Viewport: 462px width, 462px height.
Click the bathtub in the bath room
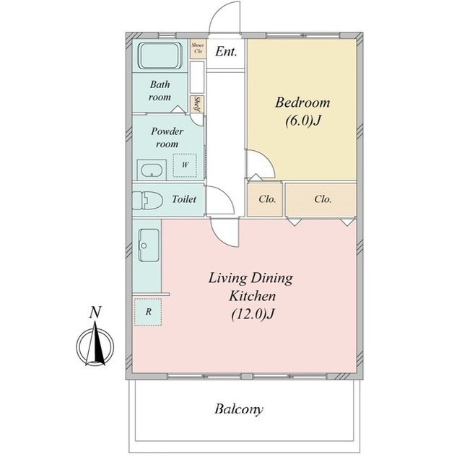(x=160, y=56)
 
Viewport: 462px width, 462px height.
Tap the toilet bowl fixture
(x=147, y=201)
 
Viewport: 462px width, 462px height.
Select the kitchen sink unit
(x=149, y=245)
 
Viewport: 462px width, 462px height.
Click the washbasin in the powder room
(x=152, y=170)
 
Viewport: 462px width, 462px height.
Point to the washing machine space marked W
(x=185, y=165)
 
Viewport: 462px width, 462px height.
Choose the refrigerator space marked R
(x=148, y=312)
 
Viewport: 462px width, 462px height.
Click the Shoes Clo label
(x=197, y=48)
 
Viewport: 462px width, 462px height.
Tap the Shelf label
(x=197, y=104)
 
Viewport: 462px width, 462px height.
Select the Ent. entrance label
(x=226, y=52)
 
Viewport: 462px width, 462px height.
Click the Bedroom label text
(x=302, y=103)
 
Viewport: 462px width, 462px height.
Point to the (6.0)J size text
(x=302, y=121)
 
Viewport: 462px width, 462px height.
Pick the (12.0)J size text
(x=253, y=314)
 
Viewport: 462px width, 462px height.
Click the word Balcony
(x=239, y=409)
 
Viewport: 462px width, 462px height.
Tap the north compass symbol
(x=95, y=345)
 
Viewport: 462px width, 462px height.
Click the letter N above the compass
(x=95, y=313)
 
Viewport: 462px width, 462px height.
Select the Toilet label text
(x=184, y=199)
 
